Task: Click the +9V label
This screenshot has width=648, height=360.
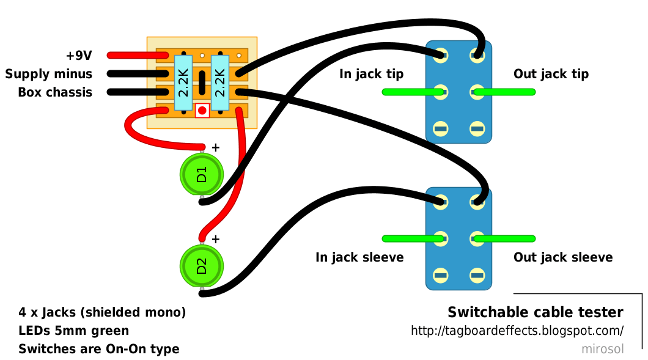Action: [79, 56]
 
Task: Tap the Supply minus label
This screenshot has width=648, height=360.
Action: [49, 74]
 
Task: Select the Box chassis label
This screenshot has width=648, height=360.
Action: [55, 92]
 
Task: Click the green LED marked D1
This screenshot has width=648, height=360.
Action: [202, 174]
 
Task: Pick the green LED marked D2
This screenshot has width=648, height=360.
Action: [202, 266]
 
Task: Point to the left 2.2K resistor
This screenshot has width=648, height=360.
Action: [183, 83]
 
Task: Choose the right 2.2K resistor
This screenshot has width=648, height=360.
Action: [220, 83]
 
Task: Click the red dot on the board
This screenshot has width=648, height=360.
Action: [202, 111]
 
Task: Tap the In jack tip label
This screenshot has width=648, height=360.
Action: [372, 74]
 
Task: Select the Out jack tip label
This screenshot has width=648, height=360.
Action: [551, 74]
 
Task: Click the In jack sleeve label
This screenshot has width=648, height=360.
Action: [359, 257]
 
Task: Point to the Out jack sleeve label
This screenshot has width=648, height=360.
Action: [563, 257]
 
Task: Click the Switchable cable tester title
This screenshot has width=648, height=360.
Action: [536, 312]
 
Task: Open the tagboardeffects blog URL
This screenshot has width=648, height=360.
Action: [517, 331]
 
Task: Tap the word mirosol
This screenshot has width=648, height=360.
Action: [603, 349]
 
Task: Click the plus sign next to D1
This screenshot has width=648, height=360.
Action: [215, 147]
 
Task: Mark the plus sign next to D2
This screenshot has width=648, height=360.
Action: [215, 240]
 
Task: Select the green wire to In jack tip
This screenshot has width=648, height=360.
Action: [413, 92]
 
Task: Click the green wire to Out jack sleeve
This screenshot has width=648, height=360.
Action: [504, 238]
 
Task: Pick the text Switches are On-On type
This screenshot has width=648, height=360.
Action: [99, 349]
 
